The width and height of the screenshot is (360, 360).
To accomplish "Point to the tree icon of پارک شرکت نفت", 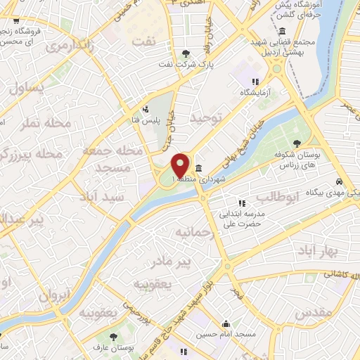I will tap(186, 53).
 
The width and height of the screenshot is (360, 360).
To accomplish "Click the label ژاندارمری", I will tap(70, 47).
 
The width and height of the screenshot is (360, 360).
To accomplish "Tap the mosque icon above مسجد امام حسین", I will tap(226, 325).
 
